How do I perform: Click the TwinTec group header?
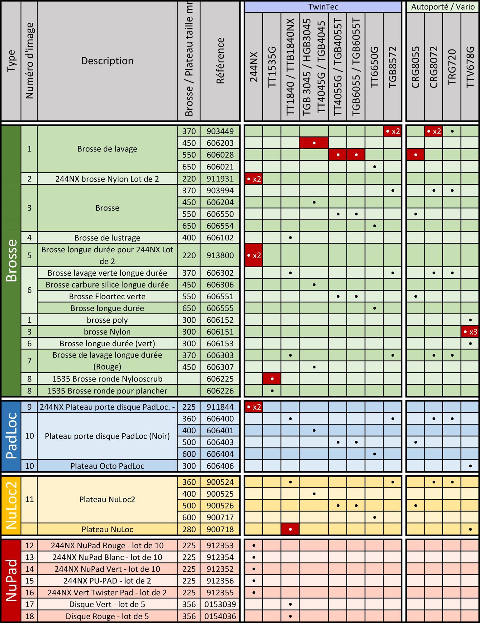coord(323,7)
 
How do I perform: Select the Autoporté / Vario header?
coord(442,7)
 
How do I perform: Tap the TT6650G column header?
coord(374,67)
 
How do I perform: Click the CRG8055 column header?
coord(416,67)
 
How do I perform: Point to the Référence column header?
coord(220,61)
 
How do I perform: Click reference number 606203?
coord(220,143)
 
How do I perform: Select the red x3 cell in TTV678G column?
coord(470,332)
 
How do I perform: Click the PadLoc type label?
coord(11,436)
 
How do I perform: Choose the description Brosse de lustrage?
coord(107,238)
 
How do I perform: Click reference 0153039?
coord(220,604)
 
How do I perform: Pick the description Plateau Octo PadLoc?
coord(107,466)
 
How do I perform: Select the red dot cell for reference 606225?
coord(272,379)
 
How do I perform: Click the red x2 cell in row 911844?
coord(254,407)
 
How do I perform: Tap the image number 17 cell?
coord(29,604)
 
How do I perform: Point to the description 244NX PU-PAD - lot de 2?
coord(107,581)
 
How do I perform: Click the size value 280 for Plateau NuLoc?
coord(189,529)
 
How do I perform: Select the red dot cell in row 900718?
coord(290,529)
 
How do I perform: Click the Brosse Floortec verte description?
coord(107,296)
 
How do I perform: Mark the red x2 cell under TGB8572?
coord(392,131)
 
